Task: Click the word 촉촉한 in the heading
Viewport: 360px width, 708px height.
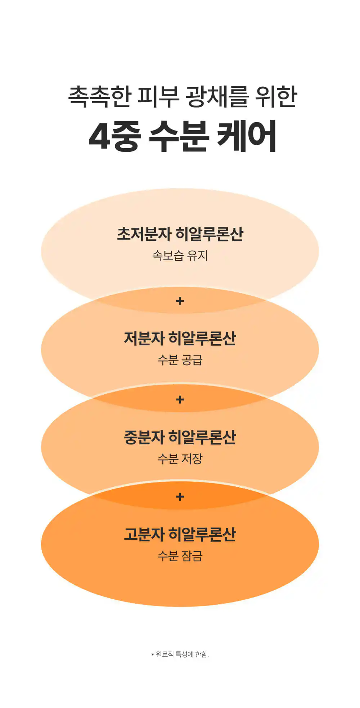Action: [x=99, y=96]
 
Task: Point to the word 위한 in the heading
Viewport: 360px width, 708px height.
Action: [x=276, y=96]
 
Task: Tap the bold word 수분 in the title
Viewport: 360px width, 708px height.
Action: [x=179, y=136]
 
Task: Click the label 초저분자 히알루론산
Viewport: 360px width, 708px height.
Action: [x=180, y=234]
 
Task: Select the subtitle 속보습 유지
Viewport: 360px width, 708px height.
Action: [x=180, y=255]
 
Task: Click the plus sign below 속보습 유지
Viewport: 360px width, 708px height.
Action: [x=180, y=301]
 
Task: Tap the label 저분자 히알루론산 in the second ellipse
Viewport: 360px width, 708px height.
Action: [x=180, y=339]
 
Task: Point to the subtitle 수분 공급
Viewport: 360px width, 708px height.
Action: [x=180, y=360]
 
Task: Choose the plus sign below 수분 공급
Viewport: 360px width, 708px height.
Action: [x=180, y=399]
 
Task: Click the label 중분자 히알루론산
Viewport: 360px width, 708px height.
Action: [x=180, y=437]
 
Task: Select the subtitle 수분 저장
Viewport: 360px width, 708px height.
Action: [x=180, y=459]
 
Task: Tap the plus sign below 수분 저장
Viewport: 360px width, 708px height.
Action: [x=180, y=497]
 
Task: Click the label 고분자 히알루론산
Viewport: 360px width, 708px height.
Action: [x=180, y=535]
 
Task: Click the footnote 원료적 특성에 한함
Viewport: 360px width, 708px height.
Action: [x=182, y=654]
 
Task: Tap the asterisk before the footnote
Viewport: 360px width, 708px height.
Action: [x=153, y=655]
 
